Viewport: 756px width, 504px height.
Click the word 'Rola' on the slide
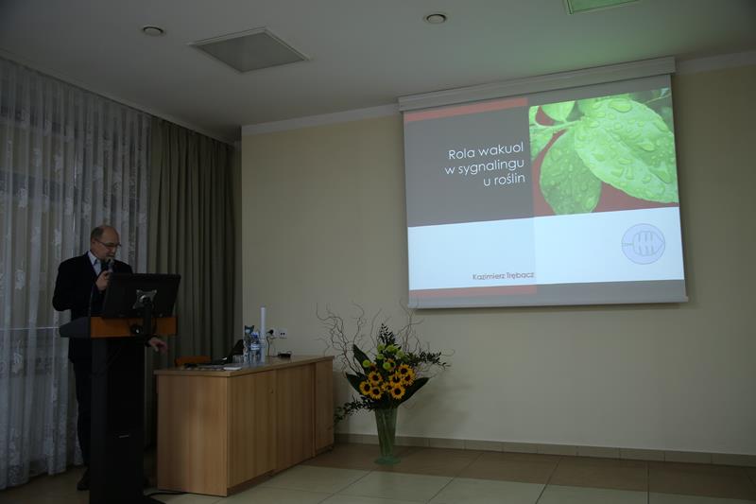459,154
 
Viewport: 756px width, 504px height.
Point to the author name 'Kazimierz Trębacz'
504,276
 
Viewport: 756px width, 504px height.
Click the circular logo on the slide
643,244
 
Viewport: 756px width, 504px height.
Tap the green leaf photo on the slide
603,152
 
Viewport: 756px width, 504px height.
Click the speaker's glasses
109,244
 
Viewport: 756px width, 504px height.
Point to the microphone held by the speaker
110,266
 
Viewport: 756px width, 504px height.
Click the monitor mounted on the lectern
141,295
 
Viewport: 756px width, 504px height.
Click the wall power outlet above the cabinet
280,333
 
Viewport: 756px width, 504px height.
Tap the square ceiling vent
249,50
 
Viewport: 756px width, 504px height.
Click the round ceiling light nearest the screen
436,18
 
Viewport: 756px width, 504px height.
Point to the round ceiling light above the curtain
153,30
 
